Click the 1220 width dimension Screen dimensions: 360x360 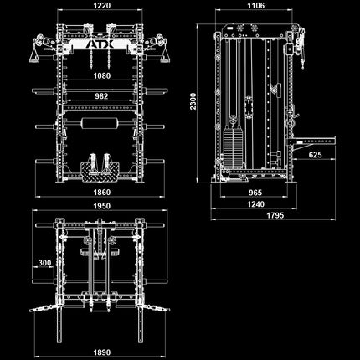(102, 5)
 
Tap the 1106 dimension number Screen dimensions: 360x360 (256, 5)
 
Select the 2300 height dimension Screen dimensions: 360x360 (193, 101)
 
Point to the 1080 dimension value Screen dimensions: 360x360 (102, 75)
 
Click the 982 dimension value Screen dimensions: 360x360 (101, 96)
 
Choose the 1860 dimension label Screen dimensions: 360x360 (102, 193)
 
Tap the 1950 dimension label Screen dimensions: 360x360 (102, 206)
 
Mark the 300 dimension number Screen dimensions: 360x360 (44, 263)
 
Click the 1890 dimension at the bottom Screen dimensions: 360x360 (102, 352)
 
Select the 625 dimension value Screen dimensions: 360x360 (315, 155)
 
